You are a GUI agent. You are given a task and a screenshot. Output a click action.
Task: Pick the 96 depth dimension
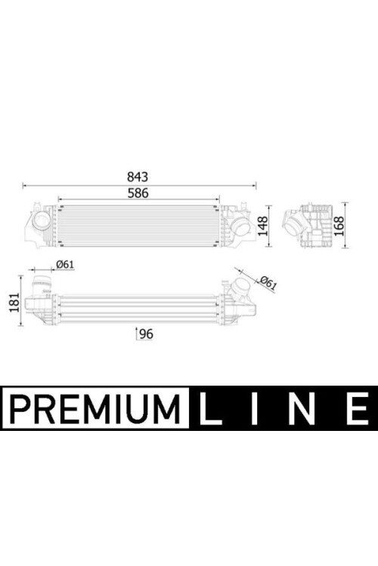tap(146, 334)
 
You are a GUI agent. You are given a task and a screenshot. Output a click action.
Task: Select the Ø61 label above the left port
tap(64, 264)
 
